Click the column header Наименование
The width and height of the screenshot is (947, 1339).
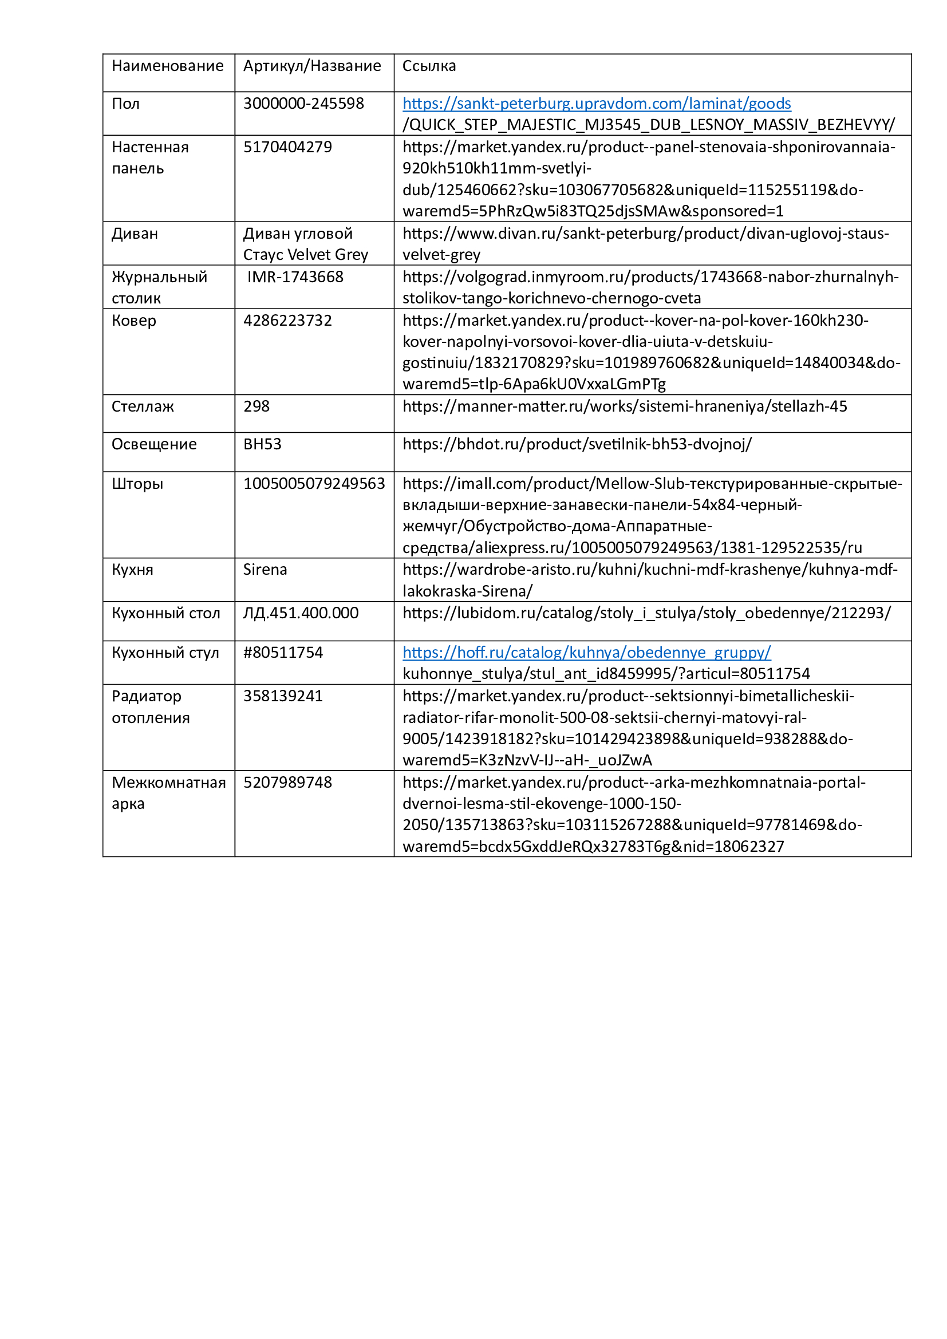click(167, 66)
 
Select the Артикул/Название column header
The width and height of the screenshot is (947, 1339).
click(312, 66)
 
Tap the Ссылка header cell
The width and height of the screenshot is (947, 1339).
click(429, 66)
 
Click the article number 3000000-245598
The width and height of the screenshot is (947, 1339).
click(303, 104)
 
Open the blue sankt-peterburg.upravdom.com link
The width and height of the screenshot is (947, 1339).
click(597, 104)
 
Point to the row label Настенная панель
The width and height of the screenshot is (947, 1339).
click(150, 157)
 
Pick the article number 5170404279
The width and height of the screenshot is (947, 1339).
click(287, 147)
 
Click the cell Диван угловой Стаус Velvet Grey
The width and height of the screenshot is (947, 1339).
click(305, 244)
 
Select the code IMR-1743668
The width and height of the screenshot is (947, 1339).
click(295, 277)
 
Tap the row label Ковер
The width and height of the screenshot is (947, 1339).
click(133, 321)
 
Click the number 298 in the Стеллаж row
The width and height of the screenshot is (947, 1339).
click(257, 406)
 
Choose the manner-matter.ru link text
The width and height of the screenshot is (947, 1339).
click(625, 406)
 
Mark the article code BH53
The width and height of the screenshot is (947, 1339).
click(262, 444)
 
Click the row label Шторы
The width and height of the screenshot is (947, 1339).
click(137, 484)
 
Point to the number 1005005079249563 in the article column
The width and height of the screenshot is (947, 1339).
click(314, 484)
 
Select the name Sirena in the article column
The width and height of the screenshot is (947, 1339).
click(265, 570)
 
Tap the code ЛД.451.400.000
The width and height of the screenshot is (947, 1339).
click(301, 613)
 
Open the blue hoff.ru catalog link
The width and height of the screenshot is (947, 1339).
click(587, 653)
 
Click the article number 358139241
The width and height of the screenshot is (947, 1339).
click(283, 696)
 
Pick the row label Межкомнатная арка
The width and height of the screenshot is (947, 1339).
click(168, 793)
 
